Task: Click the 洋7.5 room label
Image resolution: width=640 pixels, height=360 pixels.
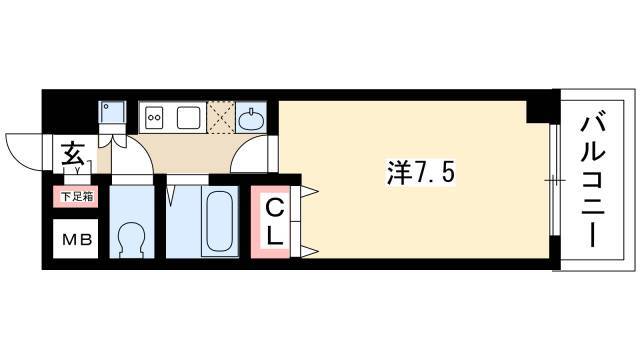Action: click(x=420, y=173)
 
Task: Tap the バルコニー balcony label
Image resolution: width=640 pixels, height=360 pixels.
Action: click(x=592, y=181)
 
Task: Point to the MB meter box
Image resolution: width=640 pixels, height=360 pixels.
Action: click(x=76, y=239)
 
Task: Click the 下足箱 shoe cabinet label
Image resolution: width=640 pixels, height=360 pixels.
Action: click(x=76, y=197)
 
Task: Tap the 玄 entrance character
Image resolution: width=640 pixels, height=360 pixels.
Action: click(x=73, y=154)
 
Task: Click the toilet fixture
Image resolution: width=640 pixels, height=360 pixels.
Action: click(x=131, y=240)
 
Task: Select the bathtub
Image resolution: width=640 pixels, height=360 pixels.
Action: click(x=220, y=222)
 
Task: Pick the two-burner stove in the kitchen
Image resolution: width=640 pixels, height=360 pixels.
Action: click(x=154, y=117)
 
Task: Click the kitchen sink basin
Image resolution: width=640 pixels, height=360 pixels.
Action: click(x=189, y=117)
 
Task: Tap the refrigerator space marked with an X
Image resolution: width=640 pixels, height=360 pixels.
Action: click(x=221, y=117)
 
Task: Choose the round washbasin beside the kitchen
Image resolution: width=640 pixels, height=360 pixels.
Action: click(x=250, y=118)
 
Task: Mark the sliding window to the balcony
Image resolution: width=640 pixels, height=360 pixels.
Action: click(x=554, y=180)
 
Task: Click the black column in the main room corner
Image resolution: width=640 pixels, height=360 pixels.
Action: click(x=538, y=111)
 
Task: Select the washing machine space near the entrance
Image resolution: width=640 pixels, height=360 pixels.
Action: click(x=112, y=112)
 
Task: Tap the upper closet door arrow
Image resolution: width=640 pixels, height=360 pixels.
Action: click(x=309, y=191)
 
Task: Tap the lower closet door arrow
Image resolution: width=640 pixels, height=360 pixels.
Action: click(x=309, y=251)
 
